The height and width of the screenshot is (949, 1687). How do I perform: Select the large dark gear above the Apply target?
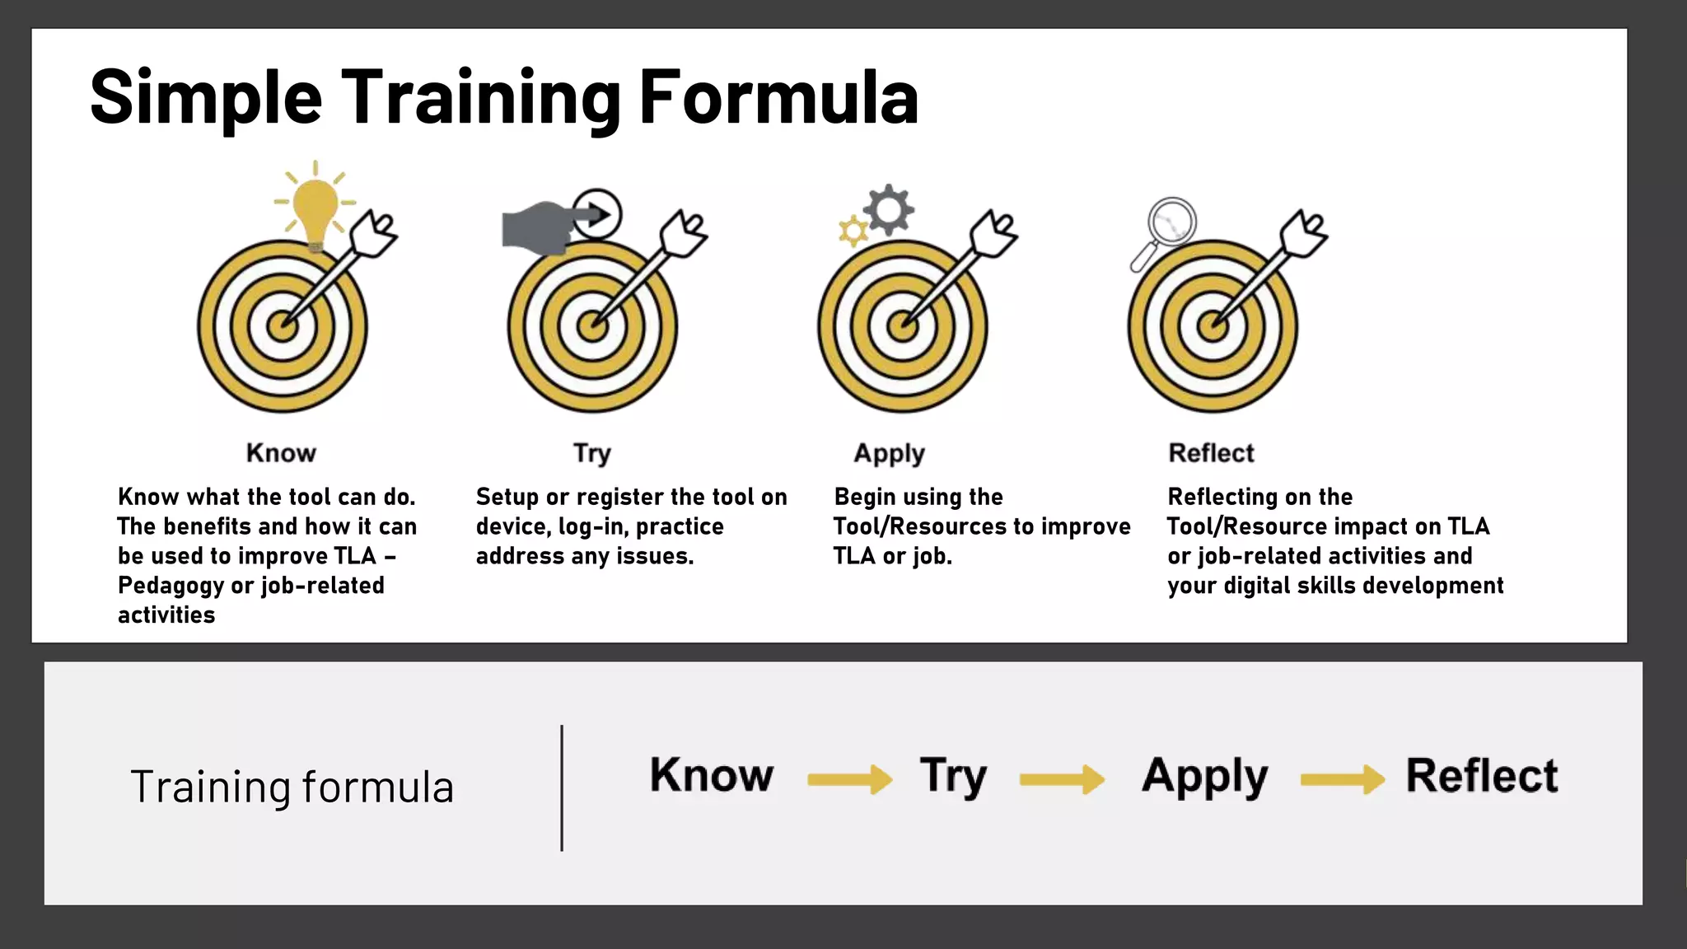[x=889, y=209]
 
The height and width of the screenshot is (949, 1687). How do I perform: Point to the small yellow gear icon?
[x=853, y=231]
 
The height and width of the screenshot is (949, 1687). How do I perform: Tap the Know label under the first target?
[x=281, y=453]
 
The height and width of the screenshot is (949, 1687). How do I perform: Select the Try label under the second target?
[x=592, y=454]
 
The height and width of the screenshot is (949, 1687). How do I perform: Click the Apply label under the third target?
[x=890, y=454]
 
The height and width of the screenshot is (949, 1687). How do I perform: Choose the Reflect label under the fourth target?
[x=1211, y=453]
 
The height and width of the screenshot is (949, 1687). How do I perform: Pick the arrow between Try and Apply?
[x=1062, y=778]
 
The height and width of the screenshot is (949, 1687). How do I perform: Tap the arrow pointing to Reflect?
[x=1343, y=778]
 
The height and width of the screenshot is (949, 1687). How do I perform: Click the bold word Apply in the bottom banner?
[x=1205, y=776]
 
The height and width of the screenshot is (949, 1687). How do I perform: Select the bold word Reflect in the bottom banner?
[x=1482, y=776]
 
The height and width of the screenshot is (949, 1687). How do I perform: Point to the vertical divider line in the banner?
[x=562, y=788]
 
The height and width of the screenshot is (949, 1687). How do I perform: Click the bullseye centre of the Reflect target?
[x=1213, y=326]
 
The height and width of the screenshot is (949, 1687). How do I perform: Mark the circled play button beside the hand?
[x=598, y=215]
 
